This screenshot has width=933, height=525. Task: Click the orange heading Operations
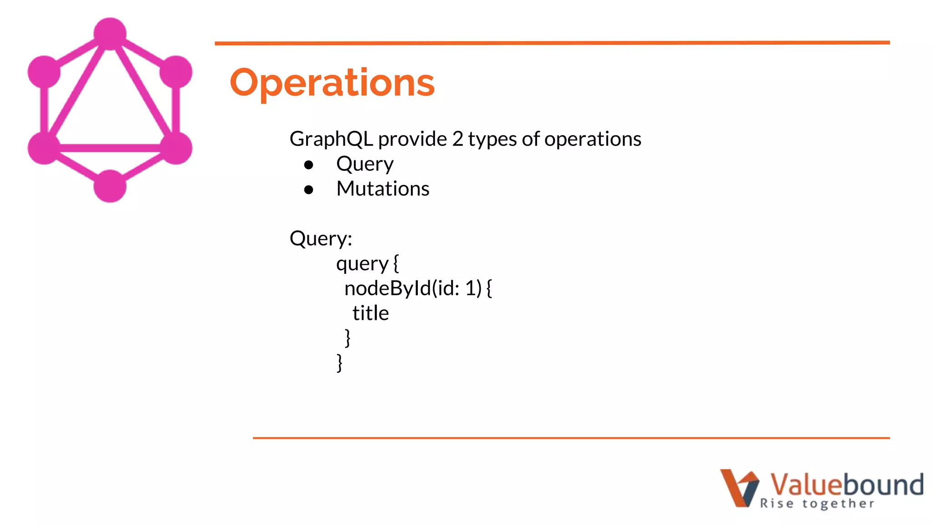[x=332, y=83]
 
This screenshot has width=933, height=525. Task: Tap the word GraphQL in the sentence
[x=331, y=139]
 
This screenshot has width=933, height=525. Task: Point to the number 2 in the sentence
[x=457, y=139]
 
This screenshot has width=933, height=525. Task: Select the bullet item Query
[x=364, y=164]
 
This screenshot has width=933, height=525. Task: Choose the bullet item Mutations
[x=383, y=189]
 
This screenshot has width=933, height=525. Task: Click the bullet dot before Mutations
[x=309, y=190]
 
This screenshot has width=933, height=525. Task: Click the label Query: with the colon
[x=321, y=239]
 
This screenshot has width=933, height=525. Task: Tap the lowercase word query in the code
[x=362, y=264]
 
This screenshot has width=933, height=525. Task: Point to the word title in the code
[x=370, y=314]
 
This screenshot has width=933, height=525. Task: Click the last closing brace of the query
[x=339, y=363]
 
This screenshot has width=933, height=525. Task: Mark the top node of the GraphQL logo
[x=110, y=34]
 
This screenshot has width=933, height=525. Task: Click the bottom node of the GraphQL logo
[x=110, y=186]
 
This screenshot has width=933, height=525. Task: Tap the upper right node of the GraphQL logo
[x=176, y=72]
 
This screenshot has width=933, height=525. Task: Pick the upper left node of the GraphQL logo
[x=44, y=72]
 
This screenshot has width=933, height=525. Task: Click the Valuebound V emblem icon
[x=739, y=488]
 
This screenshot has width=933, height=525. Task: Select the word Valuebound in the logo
[x=846, y=484]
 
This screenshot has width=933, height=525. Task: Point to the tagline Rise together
[x=817, y=504]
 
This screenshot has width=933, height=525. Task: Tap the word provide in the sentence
[x=412, y=139]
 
